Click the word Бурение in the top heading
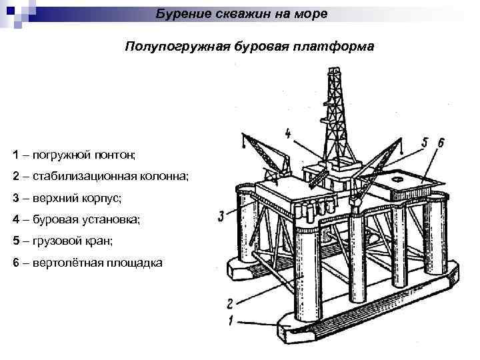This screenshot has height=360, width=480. point(179,13)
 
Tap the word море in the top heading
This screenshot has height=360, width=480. point(309,13)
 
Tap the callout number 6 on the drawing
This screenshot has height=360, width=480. point(441,142)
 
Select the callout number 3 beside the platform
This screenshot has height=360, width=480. point(221,215)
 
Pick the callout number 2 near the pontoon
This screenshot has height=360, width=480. point(229,304)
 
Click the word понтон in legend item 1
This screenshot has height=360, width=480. point(115,155)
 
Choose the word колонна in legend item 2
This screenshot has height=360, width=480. point(164,176)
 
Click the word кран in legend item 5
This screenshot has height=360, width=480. point(93,241)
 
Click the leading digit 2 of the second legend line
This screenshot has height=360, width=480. point(15,176)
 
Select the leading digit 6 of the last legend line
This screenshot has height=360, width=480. point(15,263)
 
